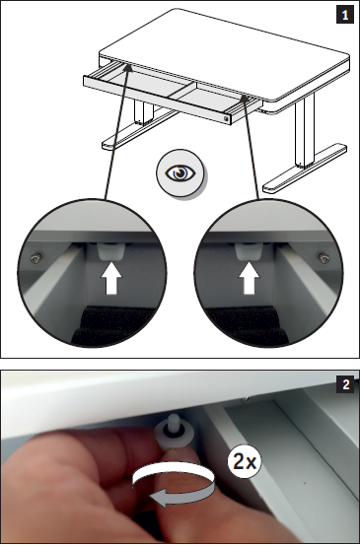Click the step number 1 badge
pos(344,16)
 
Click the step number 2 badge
pos(346,384)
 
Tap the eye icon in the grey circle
pos(180,173)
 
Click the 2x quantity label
pos(245,461)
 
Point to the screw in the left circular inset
pos(36,258)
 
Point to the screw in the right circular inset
pos(324,258)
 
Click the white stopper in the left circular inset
pos(111,251)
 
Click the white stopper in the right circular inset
pos(249,251)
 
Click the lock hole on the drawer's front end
pos(227,119)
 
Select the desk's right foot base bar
pos(306,168)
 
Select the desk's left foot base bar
pos(139,129)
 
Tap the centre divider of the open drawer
pos(183,91)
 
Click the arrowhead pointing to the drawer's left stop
pos(128,68)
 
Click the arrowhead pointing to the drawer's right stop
pos(245,100)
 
